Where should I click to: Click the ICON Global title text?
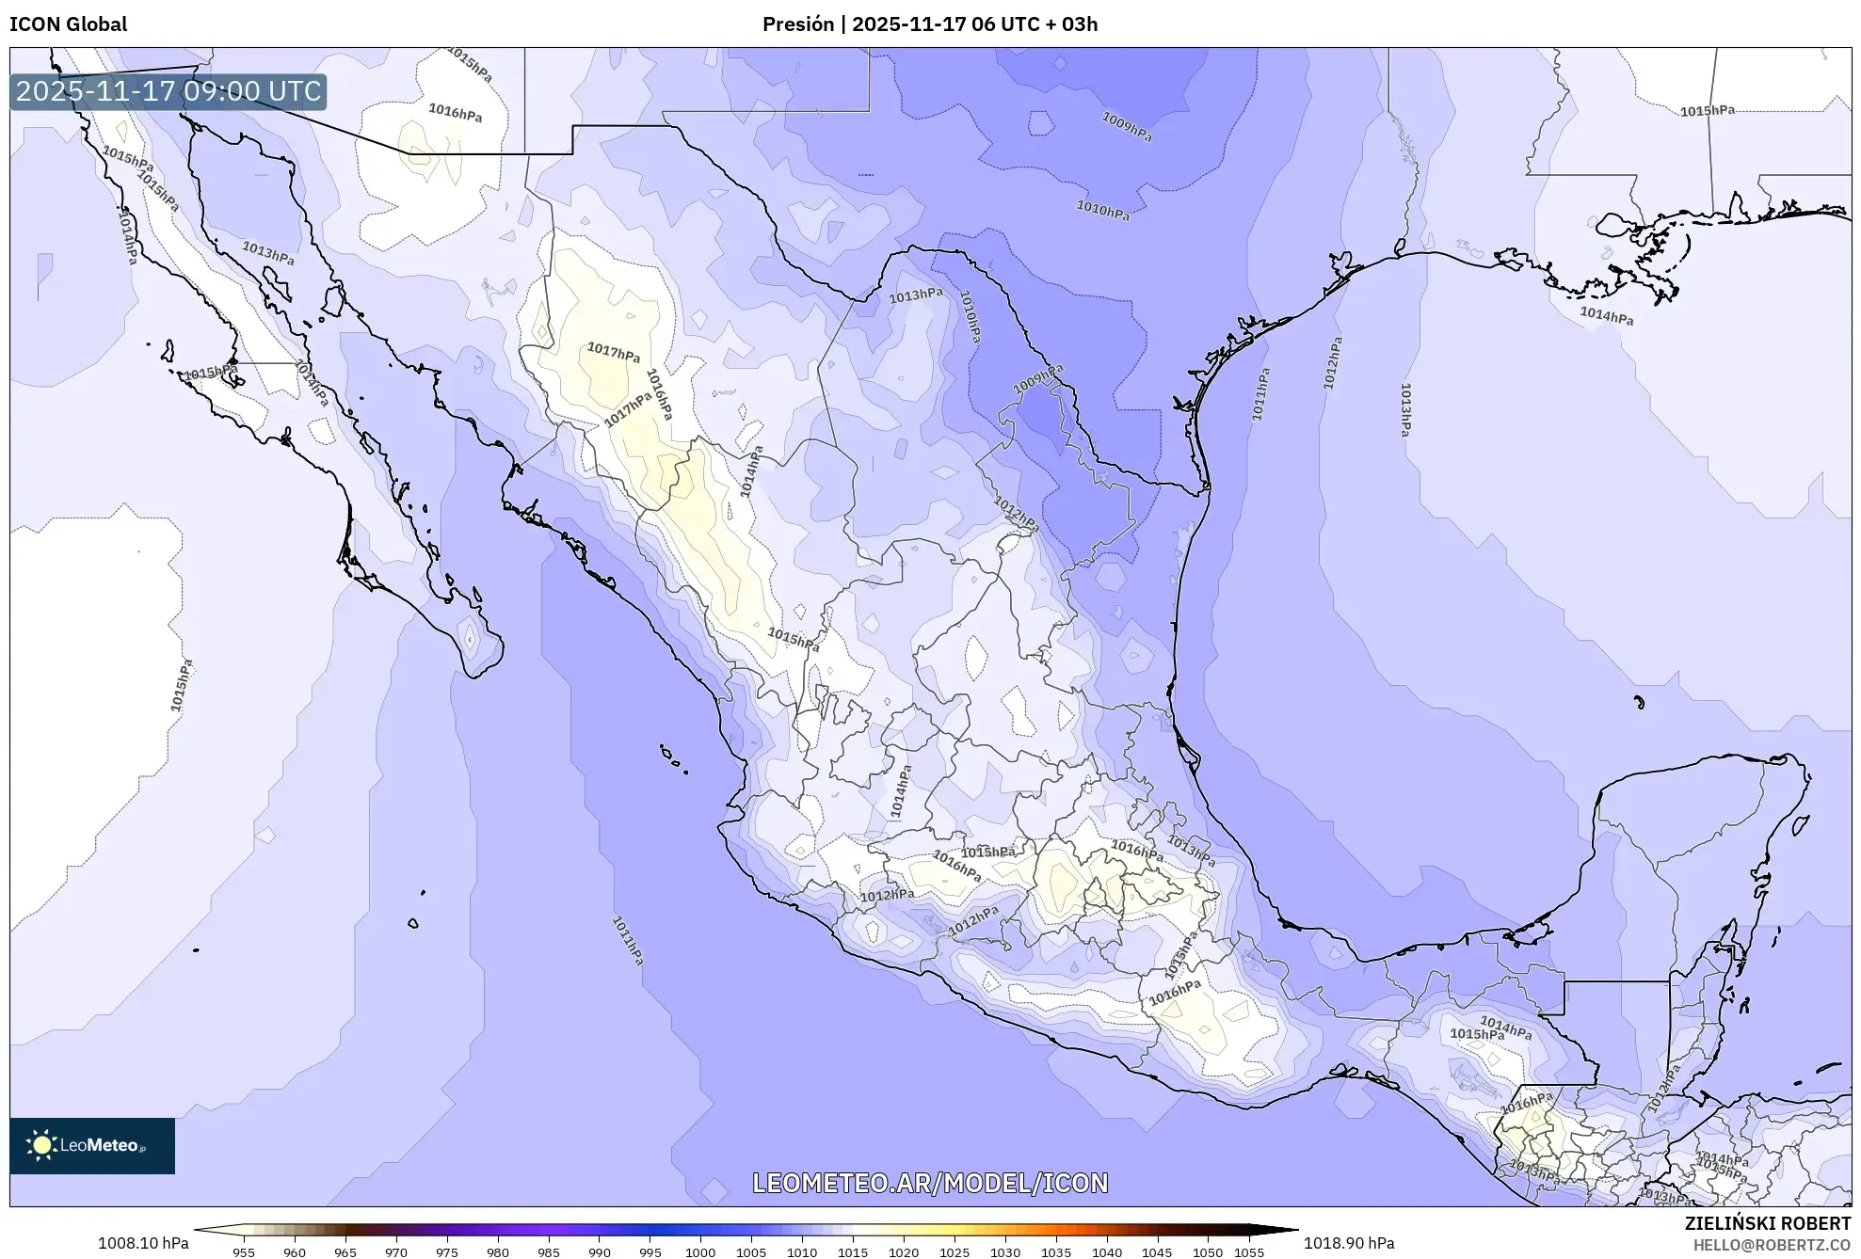click(68, 24)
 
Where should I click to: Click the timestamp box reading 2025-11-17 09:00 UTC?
click(168, 91)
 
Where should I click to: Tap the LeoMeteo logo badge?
click(92, 1145)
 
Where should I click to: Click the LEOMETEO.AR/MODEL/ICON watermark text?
click(930, 1183)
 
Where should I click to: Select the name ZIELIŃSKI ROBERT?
click(1767, 1223)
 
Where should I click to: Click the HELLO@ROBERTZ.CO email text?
click(1772, 1245)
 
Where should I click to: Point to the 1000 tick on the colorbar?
click(700, 1252)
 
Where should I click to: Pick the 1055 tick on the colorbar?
click(1249, 1252)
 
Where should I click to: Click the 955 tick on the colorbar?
click(244, 1252)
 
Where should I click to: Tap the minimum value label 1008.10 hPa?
click(143, 1243)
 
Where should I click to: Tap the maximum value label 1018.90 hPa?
click(1348, 1243)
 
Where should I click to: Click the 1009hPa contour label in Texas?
click(1127, 126)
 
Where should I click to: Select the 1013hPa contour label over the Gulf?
click(1404, 409)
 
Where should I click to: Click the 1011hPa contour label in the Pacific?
click(628, 940)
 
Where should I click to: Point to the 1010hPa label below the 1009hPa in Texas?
click(1102, 211)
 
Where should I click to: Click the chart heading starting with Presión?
click(929, 24)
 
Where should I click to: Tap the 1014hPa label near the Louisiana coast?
click(1606, 316)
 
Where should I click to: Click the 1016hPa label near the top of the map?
click(455, 113)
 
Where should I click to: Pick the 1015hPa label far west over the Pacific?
click(181, 685)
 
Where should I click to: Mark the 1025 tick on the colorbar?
click(955, 1252)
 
